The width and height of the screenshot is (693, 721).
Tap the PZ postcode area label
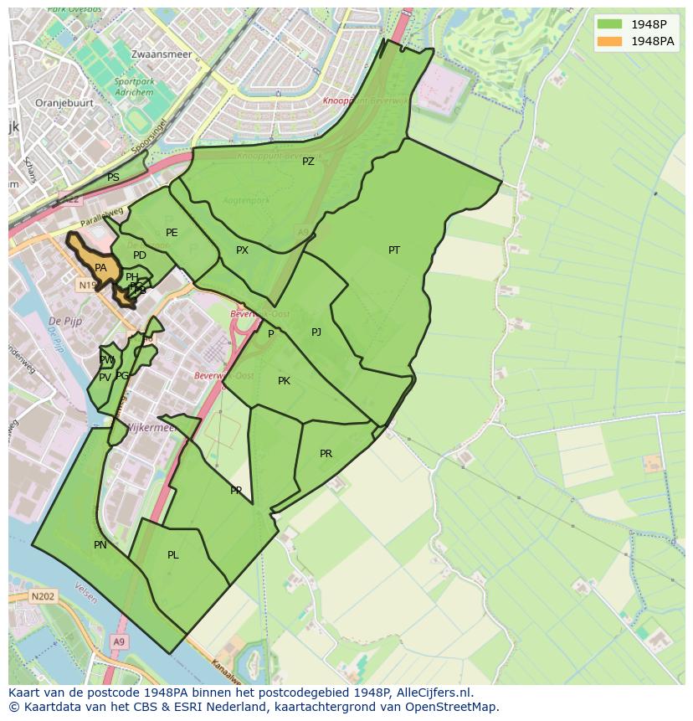tap(308, 162)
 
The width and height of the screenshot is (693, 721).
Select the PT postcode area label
tap(394, 250)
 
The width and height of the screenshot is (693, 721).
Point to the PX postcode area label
tap(242, 250)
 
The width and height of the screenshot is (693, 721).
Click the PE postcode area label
tap(172, 233)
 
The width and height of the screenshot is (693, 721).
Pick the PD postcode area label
tap(140, 255)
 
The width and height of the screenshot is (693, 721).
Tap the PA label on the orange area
tap(100, 268)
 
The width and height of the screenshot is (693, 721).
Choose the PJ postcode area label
tap(316, 332)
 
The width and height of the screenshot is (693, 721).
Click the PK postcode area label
tap(284, 381)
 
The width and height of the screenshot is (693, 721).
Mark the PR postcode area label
tap(326, 454)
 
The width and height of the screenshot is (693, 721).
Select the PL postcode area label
tap(172, 554)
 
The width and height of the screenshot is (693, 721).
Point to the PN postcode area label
tap(100, 545)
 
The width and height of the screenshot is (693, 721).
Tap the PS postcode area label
tap(113, 178)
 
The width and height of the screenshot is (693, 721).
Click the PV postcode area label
tap(105, 378)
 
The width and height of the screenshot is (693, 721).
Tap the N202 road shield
tap(42, 597)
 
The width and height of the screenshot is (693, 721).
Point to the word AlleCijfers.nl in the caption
tap(427, 693)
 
